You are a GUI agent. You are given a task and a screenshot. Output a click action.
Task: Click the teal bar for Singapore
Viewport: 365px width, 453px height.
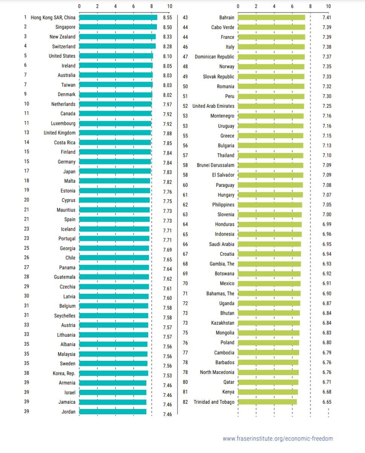118,27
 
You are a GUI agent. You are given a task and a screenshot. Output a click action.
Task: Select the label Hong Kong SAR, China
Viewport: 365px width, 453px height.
53,17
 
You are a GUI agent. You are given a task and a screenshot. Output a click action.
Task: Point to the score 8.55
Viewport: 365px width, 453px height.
167,17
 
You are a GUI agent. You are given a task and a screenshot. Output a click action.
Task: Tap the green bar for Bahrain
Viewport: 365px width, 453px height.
271,17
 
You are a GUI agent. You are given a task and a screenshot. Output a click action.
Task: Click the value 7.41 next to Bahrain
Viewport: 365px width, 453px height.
327,17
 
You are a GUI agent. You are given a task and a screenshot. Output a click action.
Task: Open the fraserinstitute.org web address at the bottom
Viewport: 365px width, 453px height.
277,438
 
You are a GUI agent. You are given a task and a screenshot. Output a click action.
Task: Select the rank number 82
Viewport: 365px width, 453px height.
185,402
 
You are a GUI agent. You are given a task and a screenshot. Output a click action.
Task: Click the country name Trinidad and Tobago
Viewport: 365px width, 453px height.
214,402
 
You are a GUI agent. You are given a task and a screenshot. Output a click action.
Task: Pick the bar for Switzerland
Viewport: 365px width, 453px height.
117,46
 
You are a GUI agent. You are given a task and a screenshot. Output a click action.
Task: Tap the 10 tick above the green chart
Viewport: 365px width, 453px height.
328,6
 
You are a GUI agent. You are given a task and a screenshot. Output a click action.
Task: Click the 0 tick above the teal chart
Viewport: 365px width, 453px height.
79,6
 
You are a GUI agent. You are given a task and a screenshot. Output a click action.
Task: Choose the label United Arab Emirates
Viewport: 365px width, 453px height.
213,106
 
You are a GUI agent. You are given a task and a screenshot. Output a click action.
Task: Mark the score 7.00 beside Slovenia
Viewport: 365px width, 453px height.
327,214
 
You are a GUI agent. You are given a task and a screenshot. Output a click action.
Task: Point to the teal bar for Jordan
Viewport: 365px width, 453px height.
113,412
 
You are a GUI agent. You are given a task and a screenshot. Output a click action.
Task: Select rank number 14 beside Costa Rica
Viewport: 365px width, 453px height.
26,142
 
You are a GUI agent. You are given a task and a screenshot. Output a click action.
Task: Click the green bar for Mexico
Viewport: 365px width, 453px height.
269,283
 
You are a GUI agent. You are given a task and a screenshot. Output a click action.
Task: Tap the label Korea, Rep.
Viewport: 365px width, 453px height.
64,373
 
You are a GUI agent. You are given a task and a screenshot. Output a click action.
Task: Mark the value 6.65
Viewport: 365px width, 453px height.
327,402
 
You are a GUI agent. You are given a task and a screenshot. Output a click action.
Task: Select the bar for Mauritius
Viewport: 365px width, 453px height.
114,210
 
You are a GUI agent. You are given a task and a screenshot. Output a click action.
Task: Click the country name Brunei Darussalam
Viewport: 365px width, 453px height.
215,165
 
